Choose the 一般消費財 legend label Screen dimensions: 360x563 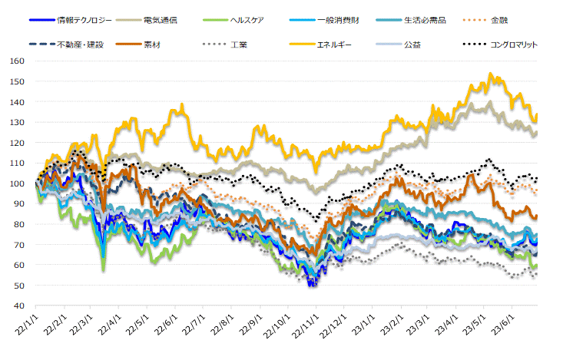[339, 20]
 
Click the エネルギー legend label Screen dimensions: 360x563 [334, 45]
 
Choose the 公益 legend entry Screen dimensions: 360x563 [412, 45]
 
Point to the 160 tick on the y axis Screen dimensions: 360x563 [15, 61]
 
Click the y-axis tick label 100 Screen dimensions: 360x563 [15, 183]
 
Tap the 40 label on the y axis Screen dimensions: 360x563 [17, 306]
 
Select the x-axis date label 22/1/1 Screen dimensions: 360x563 [27, 322]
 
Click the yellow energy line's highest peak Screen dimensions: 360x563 [490, 74]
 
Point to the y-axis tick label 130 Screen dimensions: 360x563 [15, 122]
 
